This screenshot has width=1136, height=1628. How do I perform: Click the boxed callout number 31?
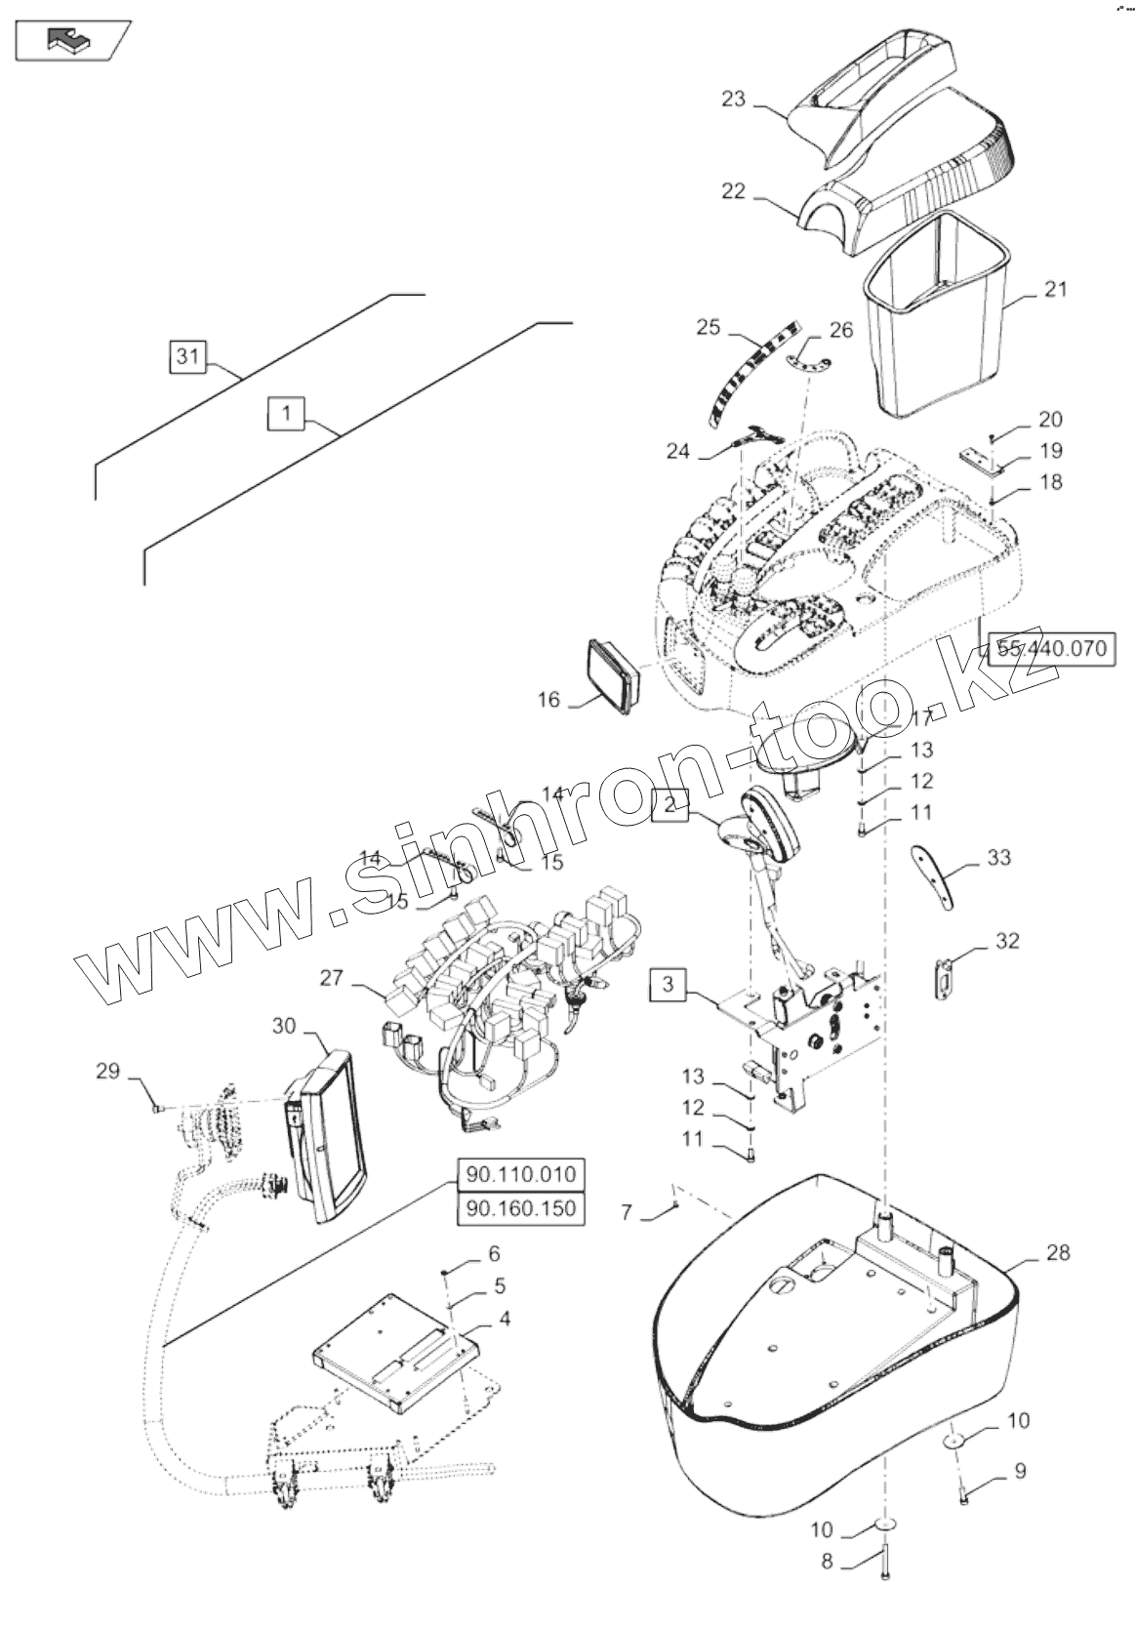pyautogui.click(x=187, y=357)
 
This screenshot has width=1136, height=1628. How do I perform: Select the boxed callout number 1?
pyautogui.click(x=285, y=414)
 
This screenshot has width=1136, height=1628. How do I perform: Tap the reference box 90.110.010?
pyautogui.click(x=520, y=1173)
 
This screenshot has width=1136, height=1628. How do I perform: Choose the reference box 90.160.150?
pyautogui.click(x=520, y=1208)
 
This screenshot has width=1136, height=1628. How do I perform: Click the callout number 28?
pyautogui.click(x=1057, y=1252)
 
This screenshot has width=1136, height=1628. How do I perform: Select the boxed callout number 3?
pyautogui.click(x=667, y=983)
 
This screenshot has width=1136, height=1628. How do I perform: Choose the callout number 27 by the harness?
pyautogui.click(x=332, y=976)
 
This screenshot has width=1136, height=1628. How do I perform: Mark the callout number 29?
pyautogui.click(x=107, y=1072)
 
